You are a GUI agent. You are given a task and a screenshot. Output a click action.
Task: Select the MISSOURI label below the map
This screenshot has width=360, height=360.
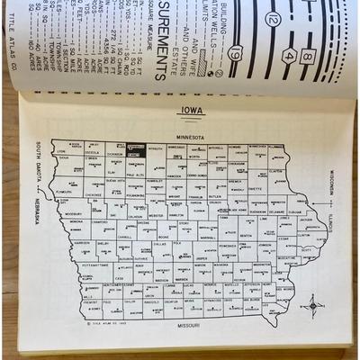pos(187,321)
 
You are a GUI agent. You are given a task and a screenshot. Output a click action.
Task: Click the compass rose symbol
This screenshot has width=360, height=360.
pos(312,305)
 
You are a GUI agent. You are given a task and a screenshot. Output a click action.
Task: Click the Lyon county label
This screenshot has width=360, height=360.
pos(70,146)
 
